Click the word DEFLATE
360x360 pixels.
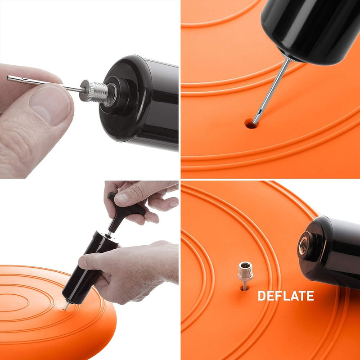pos(286,296)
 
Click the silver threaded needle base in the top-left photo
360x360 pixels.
pos(94,91)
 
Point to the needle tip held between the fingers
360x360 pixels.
pos(8,78)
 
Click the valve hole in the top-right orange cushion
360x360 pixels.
pos(251,123)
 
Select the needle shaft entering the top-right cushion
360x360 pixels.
pos(271,91)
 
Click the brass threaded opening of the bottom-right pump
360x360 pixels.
pos(303,246)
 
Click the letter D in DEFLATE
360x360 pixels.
pos(261,296)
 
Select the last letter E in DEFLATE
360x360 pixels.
pos(310,296)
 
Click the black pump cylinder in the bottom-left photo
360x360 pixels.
pos(90,269)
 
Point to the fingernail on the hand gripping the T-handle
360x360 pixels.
pos(122,198)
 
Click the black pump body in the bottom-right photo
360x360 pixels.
pos(331,252)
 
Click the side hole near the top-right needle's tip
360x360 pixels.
pos(260,112)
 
